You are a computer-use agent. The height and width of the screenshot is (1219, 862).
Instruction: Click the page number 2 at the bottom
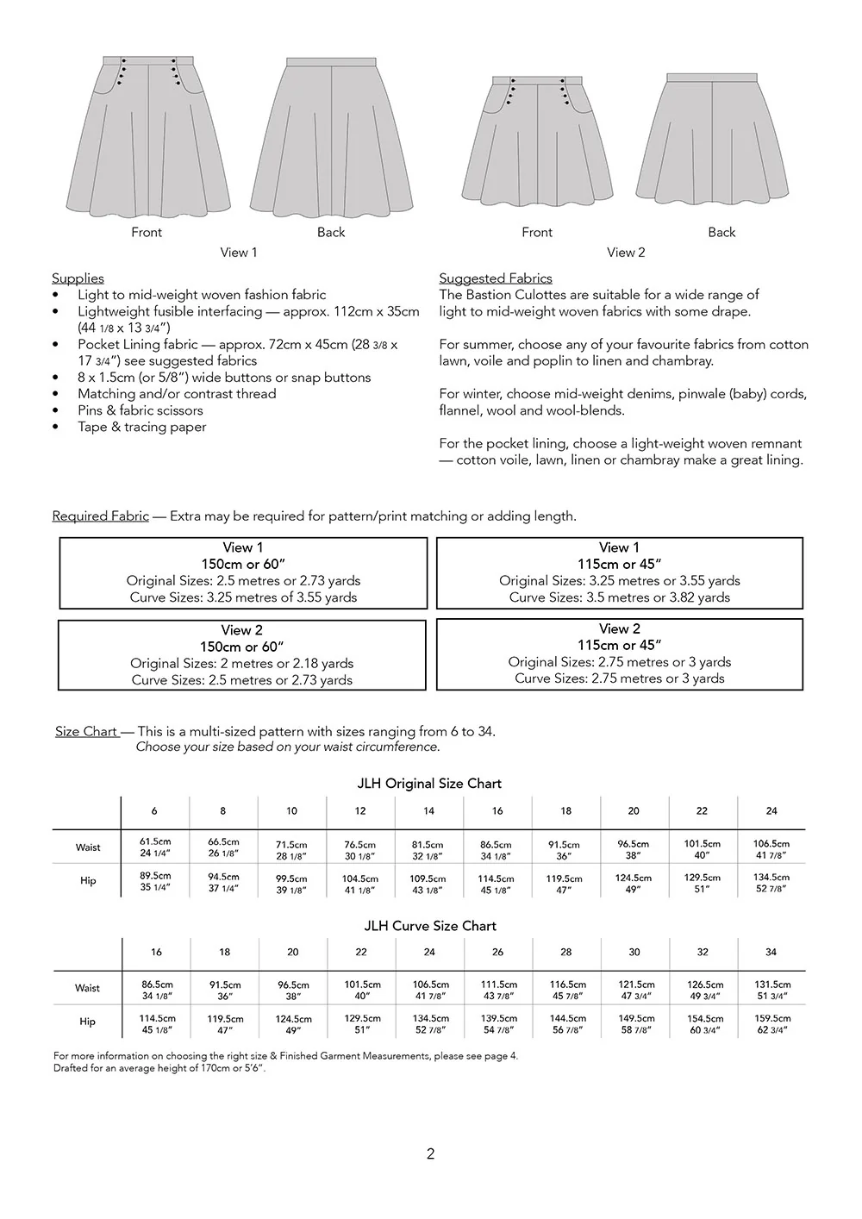click(x=430, y=1153)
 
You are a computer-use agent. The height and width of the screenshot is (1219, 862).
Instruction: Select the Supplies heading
click(x=78, y=278)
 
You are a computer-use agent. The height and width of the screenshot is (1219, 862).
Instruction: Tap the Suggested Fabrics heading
click(x=496, y=278)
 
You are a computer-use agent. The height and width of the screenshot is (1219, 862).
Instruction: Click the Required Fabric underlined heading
click(x=100, y=516)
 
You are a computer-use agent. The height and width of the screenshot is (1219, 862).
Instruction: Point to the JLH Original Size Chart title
click(x=429, y=783)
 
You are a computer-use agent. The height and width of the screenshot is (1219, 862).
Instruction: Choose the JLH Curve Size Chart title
click(x=430, y=925)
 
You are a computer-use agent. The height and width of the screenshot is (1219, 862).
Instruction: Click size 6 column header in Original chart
click(x=154, y=810)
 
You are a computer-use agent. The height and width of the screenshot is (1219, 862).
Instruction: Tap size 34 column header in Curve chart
click(x=771, y=952)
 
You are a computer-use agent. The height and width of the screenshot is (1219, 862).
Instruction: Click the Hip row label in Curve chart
click(x=87, y=1022)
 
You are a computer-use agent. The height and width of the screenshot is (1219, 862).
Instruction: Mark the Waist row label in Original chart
click(x=87, y=847)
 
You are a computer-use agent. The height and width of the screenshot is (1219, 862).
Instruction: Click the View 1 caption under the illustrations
click(x=239, y=252)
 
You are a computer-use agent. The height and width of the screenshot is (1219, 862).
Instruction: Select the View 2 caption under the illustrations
click(x=626, y=252)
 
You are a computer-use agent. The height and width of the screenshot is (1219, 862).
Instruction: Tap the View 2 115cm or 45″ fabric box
click(x=620, y=653)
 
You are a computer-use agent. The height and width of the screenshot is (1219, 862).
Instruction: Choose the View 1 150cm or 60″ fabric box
click(x=243, y=572)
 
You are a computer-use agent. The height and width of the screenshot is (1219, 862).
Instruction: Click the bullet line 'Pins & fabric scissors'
click(x=141, y=410)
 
